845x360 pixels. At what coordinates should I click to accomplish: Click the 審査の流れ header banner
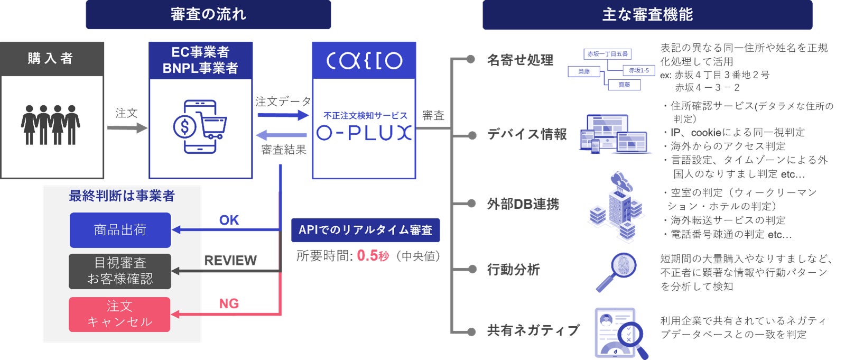tap(208, 14)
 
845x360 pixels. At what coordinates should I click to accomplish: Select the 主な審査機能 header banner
tap(647, 15)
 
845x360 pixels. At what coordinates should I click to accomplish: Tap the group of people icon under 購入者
tap(51, 125)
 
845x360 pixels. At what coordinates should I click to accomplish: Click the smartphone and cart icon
tap(199, 127)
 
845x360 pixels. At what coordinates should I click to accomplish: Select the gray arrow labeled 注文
tap(127, 127)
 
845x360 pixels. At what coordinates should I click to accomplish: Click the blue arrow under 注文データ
tap(282, 115)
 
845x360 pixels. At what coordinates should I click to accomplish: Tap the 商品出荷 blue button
tap(120, 230)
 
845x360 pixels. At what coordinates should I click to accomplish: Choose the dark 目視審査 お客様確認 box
tap(120, 271)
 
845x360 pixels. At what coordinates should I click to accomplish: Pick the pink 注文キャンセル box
tap(119, 314)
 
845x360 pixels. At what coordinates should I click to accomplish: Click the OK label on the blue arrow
tap(229, 220)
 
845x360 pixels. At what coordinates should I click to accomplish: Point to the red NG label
tap(229, 304)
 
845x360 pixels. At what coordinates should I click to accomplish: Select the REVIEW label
tap(230, 261)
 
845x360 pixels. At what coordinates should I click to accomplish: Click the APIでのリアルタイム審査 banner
tap(365, 230)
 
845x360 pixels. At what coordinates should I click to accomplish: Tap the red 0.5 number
tap(367, 256)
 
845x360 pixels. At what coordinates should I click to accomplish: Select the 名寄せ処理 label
tap(520, 60)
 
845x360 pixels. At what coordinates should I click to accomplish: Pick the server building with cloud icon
tap(617, 205)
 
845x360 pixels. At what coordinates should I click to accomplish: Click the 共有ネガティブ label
tap(533, 330)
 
